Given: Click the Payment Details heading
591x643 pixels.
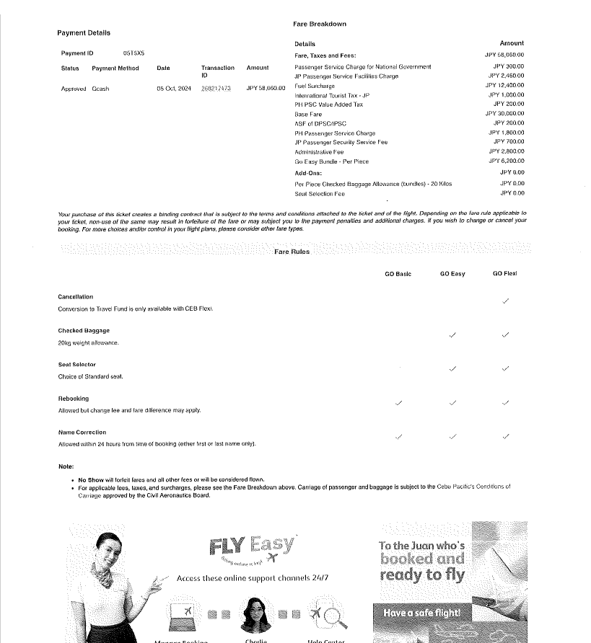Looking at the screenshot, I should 84,33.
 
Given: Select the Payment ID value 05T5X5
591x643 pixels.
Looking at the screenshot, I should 133,53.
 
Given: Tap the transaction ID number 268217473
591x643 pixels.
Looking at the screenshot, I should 216,89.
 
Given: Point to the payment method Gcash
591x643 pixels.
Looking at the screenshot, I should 100,89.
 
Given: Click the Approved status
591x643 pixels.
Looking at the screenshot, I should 74,89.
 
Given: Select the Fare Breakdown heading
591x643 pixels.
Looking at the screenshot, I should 320,24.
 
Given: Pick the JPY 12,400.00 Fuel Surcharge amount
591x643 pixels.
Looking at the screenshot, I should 504,86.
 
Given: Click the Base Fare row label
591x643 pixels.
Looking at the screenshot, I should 308,115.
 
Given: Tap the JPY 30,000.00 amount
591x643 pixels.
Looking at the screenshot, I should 504,114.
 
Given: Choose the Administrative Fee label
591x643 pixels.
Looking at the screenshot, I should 319,152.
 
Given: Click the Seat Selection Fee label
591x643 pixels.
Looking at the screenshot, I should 320,194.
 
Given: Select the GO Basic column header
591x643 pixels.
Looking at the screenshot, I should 398,274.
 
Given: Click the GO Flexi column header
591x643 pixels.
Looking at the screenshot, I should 504,274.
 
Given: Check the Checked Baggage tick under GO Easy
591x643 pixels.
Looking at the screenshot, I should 452,335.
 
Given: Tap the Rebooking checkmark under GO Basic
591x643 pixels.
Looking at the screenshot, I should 399,403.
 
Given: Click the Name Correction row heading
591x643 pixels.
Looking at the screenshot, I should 82,433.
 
